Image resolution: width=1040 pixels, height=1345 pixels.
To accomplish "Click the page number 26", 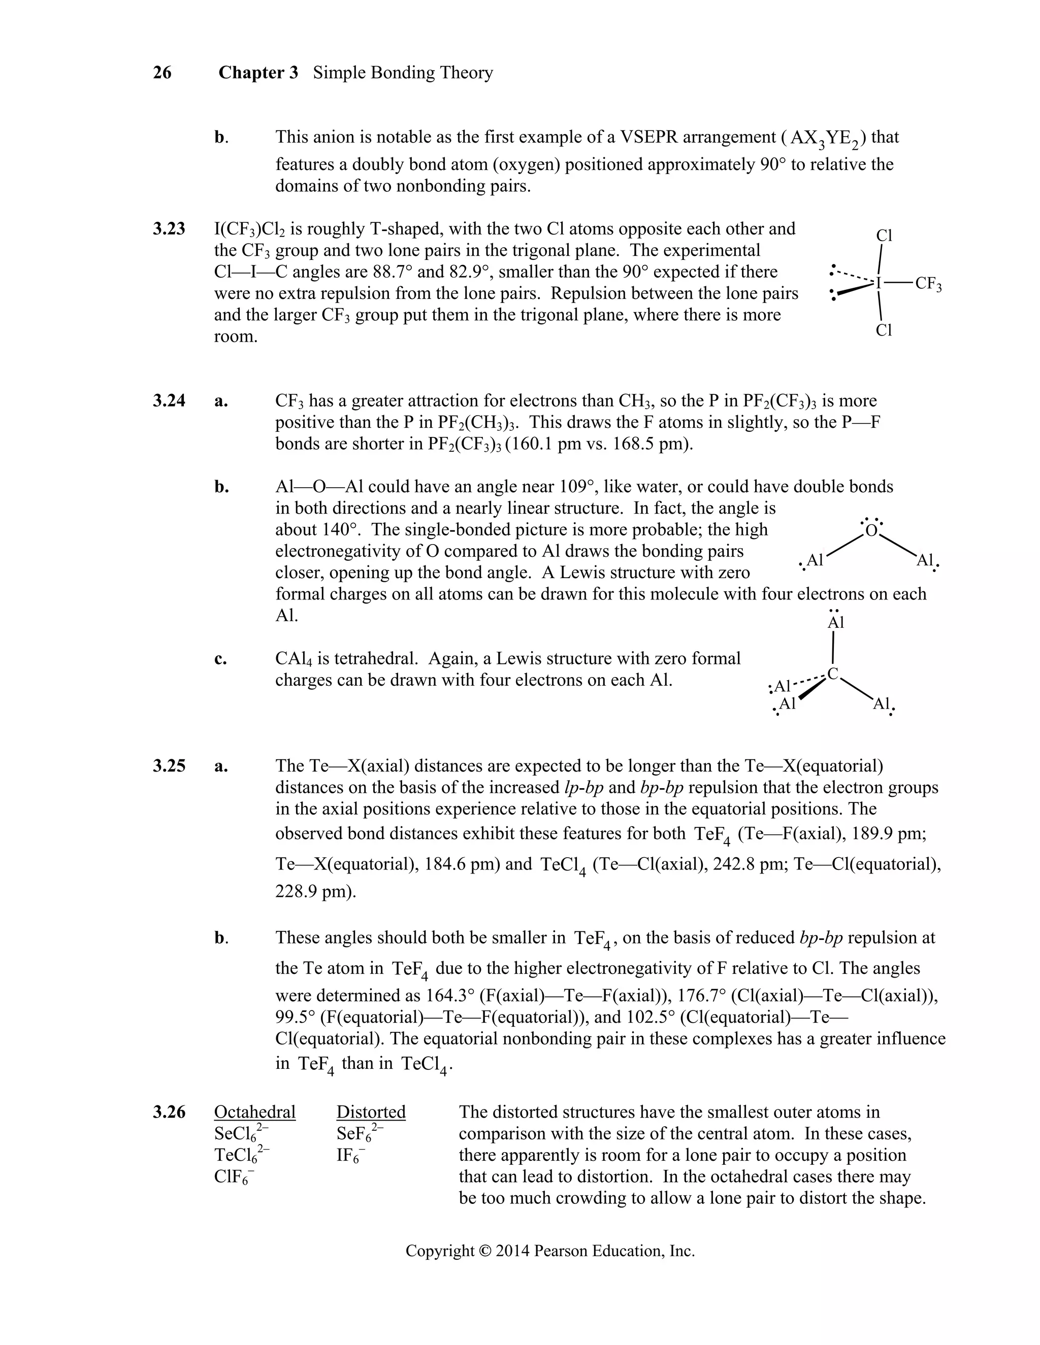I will (x=162, y=73).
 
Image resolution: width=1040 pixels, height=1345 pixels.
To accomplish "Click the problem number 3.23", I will (x=169, y=229).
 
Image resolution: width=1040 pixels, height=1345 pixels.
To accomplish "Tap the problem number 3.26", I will (x=169, y=1112).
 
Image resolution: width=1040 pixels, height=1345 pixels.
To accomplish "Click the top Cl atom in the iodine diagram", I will (x=884, y=236).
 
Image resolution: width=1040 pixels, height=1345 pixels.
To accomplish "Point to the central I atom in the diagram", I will (x=879, y=283).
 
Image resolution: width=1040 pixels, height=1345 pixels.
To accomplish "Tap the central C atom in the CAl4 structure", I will (x=832, y=675).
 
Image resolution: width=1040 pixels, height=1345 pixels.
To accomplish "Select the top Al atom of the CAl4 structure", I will (x=835, y=623).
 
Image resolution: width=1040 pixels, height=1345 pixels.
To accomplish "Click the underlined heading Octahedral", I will (x=254, y=1112).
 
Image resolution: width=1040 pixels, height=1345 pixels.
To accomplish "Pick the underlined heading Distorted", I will (x=371, y=1112).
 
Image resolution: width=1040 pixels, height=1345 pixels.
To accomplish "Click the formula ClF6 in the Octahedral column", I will (x=234, y=1177).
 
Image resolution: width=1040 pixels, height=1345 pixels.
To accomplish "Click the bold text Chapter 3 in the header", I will (x=258, y=73).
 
